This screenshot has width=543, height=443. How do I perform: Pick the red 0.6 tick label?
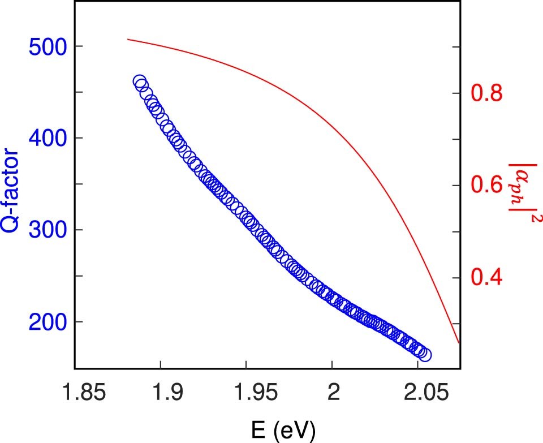tap(487, 185)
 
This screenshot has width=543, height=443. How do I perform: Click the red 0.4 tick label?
tap(487, 278)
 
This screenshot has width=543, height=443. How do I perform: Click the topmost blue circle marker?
tap(139, 81)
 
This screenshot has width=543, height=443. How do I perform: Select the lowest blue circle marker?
tap(425, 355)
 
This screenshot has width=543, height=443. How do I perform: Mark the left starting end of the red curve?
tap(127, 39)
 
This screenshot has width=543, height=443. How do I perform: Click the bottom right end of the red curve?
tap(459, 343)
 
